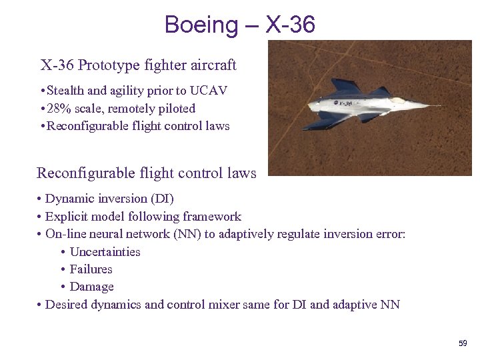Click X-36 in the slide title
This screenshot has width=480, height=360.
tap(290, 25)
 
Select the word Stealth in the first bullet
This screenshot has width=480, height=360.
tap(67, 91)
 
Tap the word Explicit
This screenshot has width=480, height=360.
tap(67, 217)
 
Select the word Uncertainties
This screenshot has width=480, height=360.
tap(105, 252)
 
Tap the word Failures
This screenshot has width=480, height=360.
tap(91, 269)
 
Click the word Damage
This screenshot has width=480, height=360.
tap(92, 287)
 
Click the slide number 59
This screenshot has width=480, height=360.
tap(463, 343)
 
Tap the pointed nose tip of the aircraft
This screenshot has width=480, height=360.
tap(441, 105)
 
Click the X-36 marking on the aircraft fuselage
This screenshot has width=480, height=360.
tap(344, 103)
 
